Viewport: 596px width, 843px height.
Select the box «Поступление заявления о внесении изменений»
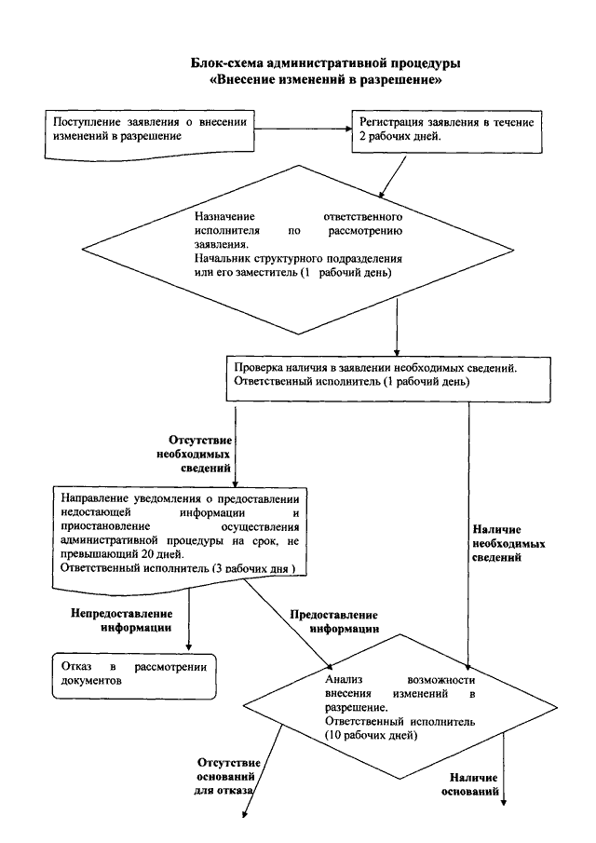149,134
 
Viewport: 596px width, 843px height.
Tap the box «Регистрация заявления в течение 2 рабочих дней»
447,131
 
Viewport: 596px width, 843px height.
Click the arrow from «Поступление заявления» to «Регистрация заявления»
303,129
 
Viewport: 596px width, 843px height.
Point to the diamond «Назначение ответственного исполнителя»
297,250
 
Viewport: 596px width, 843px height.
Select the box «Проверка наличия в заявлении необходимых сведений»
388,378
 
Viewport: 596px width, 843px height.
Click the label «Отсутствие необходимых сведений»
195,455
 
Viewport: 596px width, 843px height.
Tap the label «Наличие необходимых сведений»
508,543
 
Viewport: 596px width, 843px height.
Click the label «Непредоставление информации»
121,620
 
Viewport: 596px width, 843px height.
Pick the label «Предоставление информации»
334,621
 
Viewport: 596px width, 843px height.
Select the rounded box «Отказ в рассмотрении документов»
134,676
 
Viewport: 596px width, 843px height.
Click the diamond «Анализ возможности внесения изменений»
400,707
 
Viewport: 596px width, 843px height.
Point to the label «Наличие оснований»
469,784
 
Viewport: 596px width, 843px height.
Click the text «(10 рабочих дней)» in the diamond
371,735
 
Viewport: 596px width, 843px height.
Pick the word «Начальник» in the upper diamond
219,258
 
